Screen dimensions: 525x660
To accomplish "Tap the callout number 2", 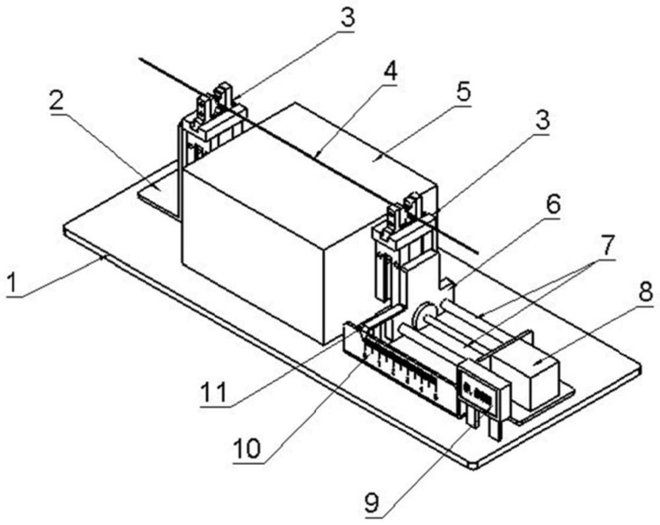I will [x=59, y=100].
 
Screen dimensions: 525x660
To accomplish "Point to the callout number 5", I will [x=465, y=92].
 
